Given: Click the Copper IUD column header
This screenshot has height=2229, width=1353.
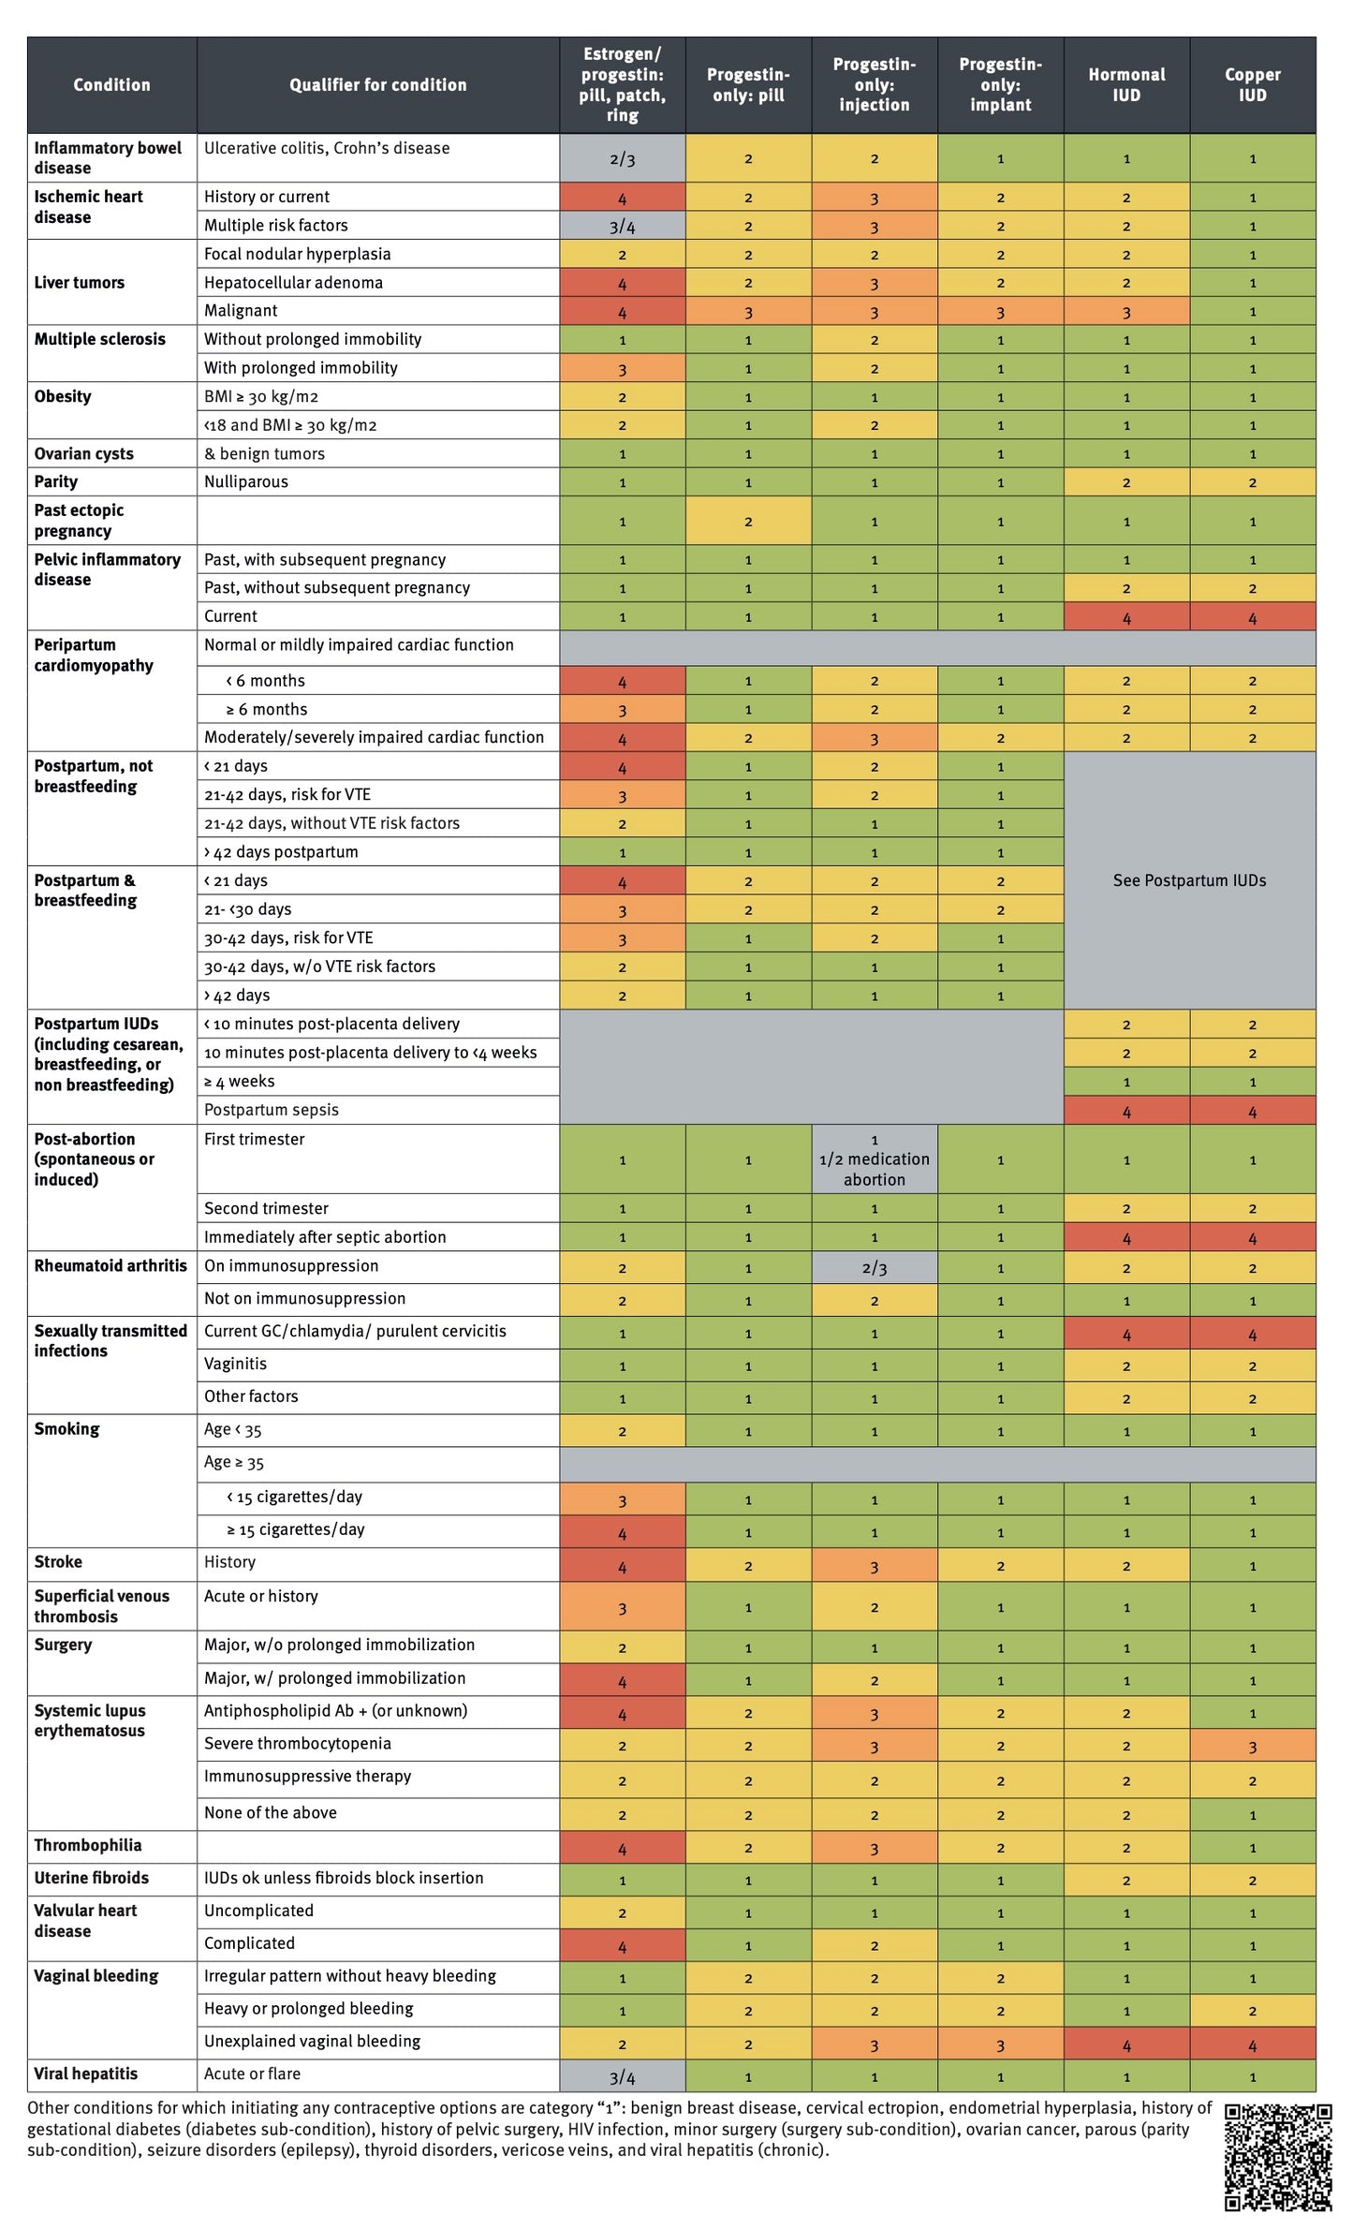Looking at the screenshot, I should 1252,84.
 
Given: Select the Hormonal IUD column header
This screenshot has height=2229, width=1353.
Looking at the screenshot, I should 1126,84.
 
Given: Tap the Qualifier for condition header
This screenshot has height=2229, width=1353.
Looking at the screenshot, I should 377,84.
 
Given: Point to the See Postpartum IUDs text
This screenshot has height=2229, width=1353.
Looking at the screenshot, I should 1189,880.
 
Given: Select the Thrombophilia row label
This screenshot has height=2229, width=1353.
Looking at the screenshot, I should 88,1845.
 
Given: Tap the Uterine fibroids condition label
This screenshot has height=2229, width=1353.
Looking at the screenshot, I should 92,1878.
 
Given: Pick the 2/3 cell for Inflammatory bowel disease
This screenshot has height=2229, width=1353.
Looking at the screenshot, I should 622,158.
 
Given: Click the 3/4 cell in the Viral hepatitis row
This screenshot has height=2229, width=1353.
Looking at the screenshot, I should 622,2077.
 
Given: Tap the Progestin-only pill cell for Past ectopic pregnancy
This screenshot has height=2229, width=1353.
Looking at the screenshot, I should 747,521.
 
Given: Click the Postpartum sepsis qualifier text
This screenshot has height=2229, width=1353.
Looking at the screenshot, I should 272,1110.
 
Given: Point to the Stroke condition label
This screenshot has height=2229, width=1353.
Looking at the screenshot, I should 58,1561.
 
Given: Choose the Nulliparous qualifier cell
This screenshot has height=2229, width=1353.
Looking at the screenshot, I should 246,481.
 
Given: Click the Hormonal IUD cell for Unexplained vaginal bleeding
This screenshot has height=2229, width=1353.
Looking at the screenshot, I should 1126,2045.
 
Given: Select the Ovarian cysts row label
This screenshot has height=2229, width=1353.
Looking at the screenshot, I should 84,453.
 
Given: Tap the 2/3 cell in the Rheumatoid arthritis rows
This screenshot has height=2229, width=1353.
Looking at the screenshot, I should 874,1268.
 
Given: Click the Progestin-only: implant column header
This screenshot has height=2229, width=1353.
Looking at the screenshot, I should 1000,84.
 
